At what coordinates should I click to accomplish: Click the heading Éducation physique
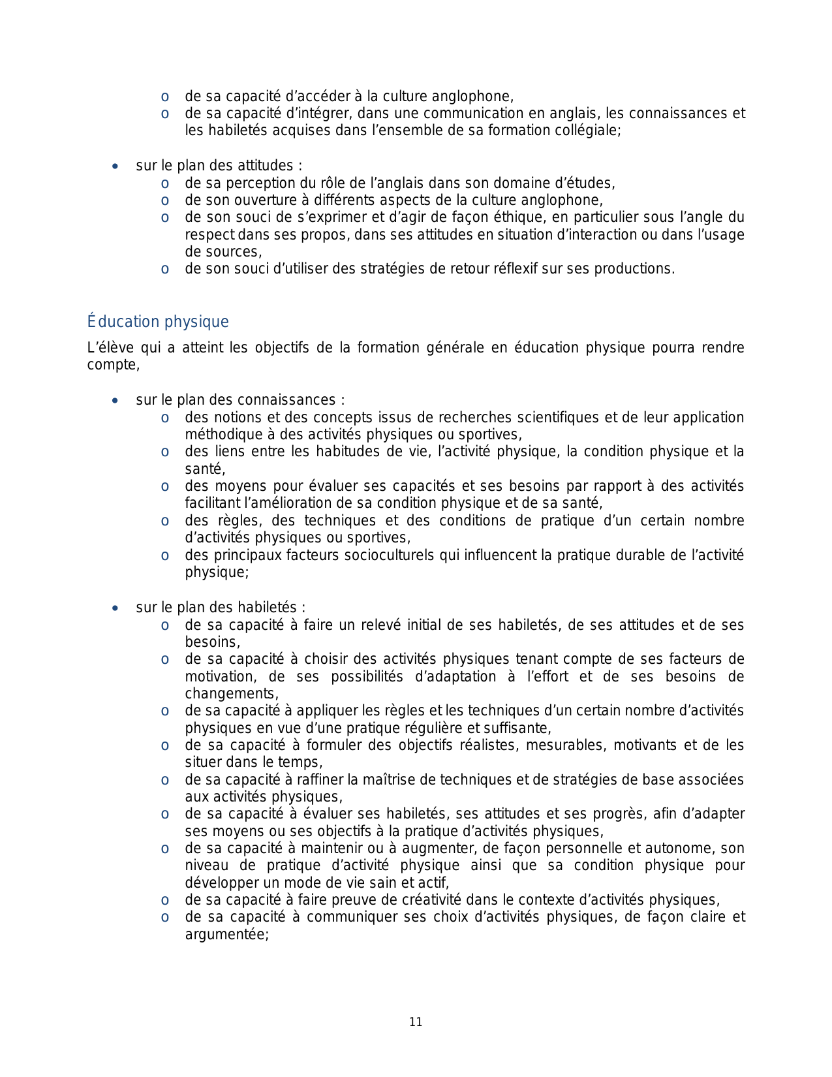click(x=158, y=322)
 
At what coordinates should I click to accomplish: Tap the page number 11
click(x=416, y=1022)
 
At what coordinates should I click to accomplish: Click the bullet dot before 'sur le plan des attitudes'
click(x=115, y=166)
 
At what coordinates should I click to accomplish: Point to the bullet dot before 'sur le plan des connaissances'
click(x=115, y=401)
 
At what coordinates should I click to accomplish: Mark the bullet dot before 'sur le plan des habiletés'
click(x=115, y=608)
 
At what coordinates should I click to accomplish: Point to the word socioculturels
click(x=388, y=555)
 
